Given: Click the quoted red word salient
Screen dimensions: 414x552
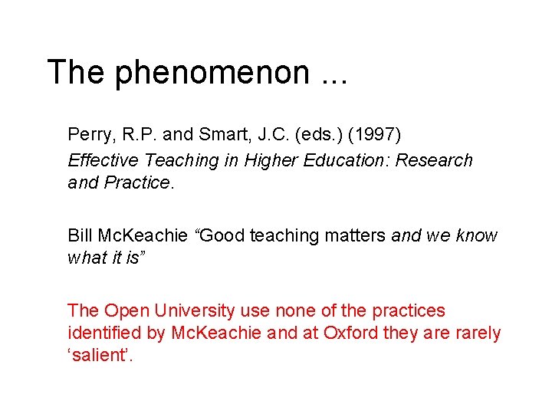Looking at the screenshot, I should [x=100, y=356].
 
